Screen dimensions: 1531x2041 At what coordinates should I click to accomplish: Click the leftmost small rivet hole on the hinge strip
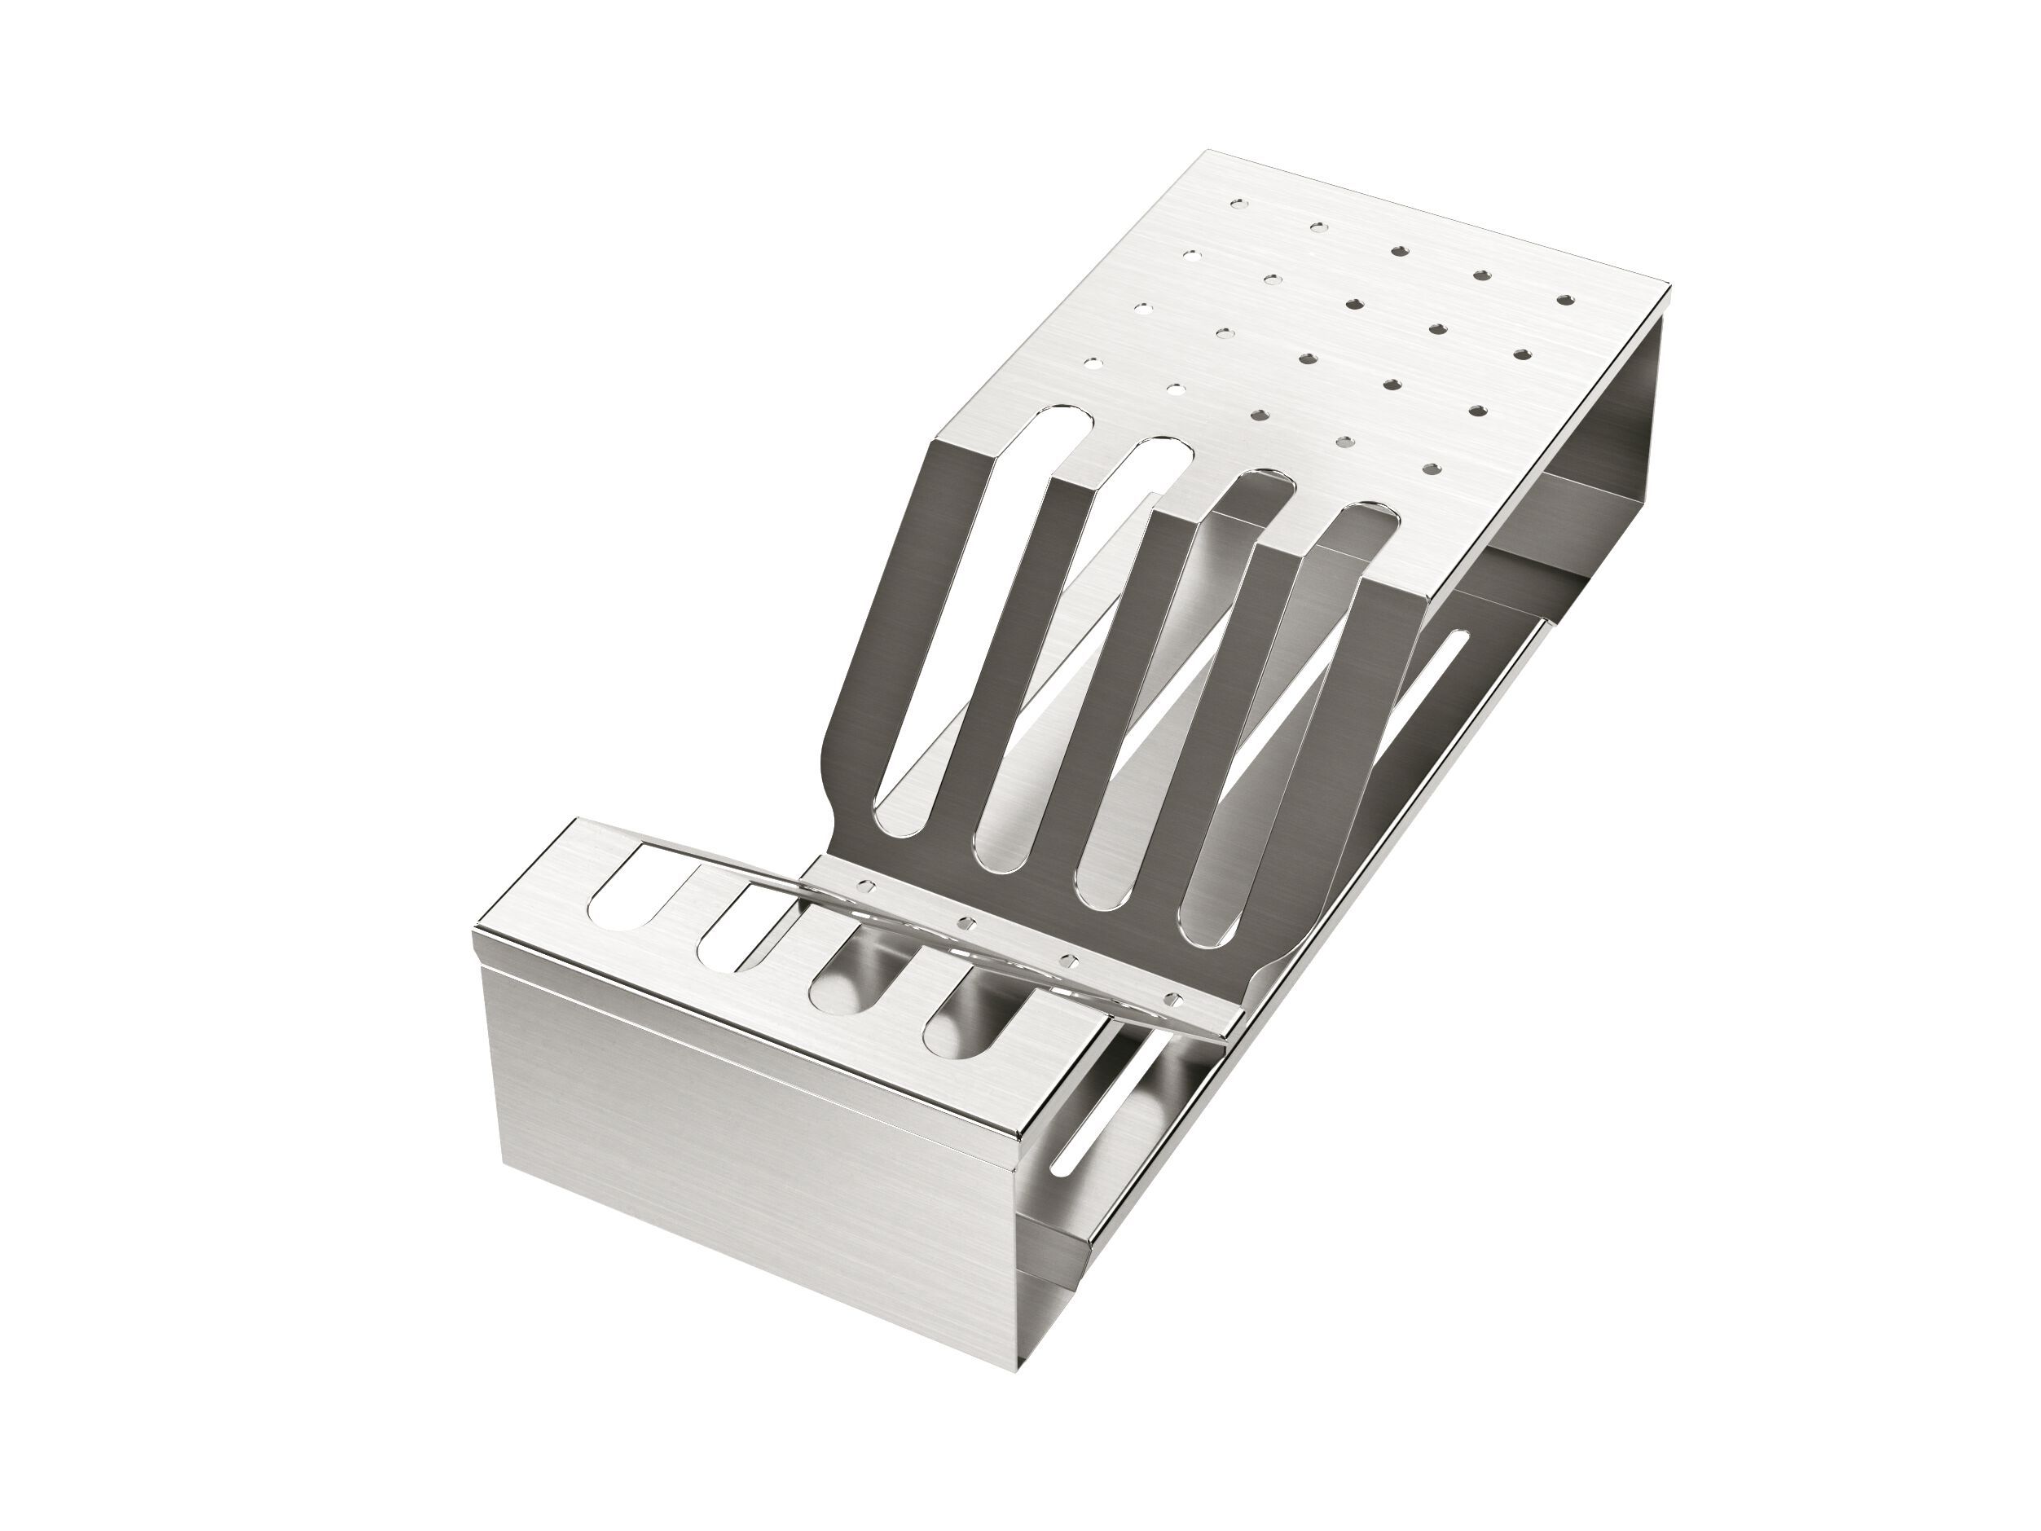click(x=866, y=885)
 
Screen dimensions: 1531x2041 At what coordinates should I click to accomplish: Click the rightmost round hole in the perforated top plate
click(x=1563, y=300)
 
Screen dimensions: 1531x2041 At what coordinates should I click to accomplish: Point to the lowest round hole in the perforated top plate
click(x=1431, y=469)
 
